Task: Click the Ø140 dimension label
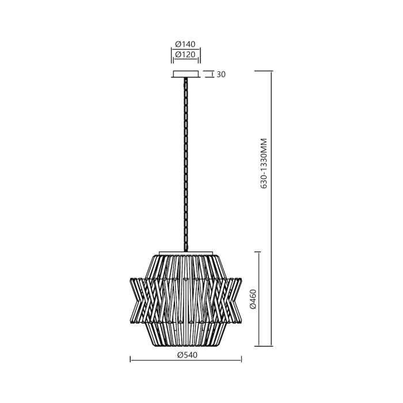186,44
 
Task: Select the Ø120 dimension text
186,55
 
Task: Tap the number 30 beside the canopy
220,74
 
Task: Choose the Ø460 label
252,299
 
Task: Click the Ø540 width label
186,355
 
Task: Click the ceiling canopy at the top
185,74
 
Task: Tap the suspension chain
185,167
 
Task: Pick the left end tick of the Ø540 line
131,360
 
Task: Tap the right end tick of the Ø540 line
241,360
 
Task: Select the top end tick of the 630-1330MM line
264,71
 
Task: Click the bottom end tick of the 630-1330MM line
264,346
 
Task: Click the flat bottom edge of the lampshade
185,346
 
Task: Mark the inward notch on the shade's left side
139,299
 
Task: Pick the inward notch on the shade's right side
233,299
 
